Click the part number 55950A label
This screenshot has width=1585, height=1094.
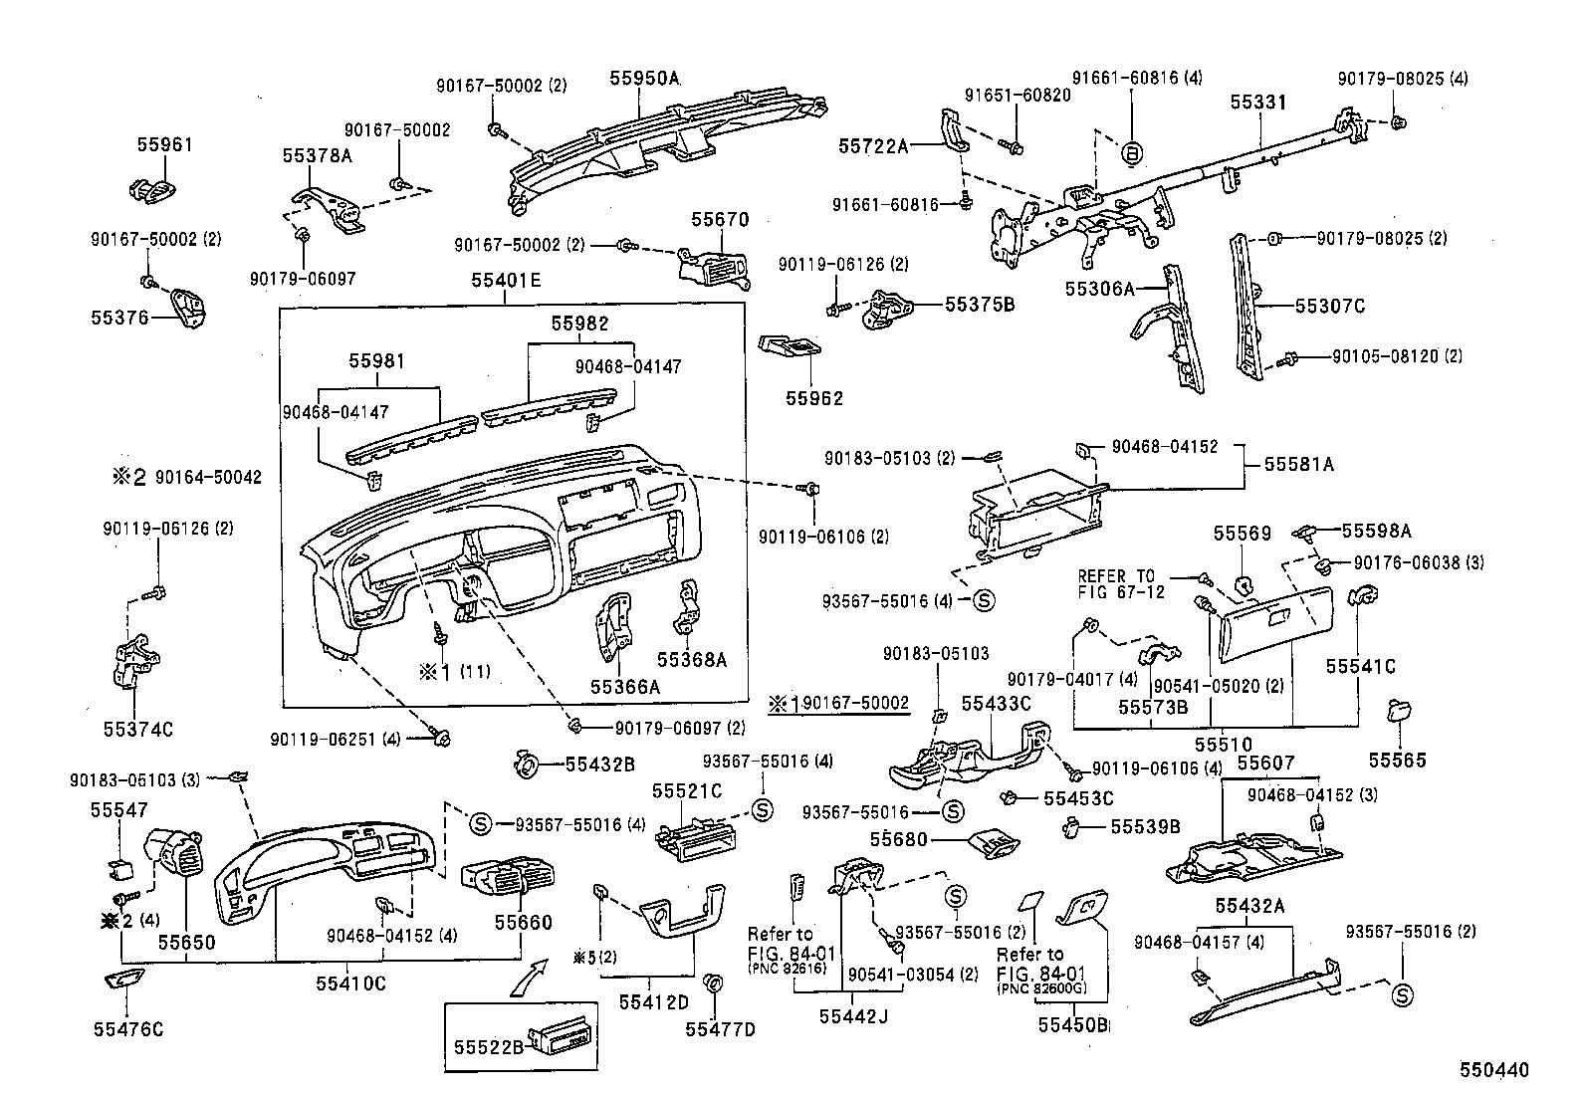pos(644,77)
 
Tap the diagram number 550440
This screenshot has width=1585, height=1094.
pos(1492,1070)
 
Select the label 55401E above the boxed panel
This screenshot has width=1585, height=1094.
pos(506,282)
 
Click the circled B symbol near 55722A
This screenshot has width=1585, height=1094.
pos(1132,153)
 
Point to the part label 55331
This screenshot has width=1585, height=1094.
pos(1258,103)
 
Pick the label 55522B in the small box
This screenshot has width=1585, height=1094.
pos(488,1046)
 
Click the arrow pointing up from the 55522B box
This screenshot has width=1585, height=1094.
pos(530,976)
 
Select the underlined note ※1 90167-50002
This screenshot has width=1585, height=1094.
pos(837,704)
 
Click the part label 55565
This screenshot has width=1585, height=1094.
pos(1396,761)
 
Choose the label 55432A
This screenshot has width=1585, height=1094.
pos(1249,905)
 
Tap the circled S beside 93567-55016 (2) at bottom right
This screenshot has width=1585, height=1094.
pos(1402,994)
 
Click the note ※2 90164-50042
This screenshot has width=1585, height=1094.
pos(186,477)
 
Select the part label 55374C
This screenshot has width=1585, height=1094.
pos(137,730)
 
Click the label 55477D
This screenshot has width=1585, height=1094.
pos(720,1028)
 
